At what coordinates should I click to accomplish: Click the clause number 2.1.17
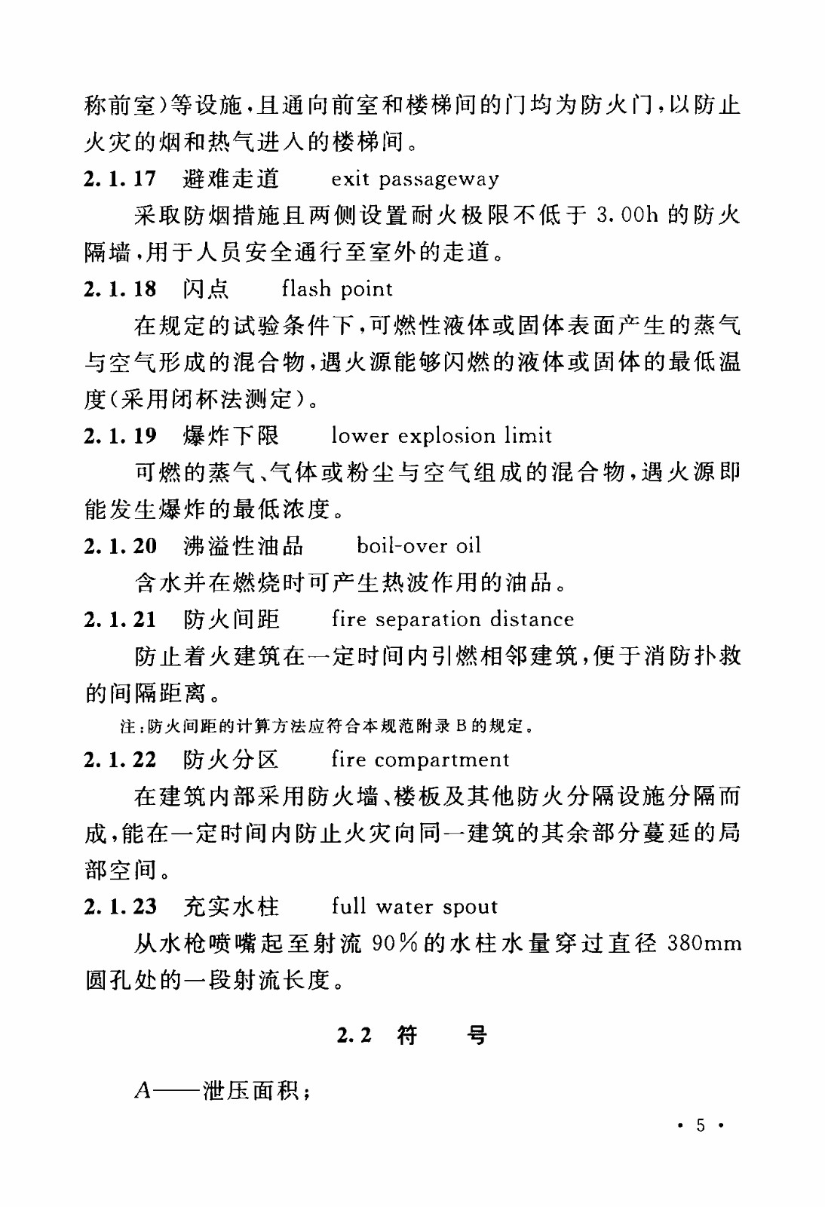click(120, 179)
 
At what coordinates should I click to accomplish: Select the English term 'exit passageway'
click(415, 180)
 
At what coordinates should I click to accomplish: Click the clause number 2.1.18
click(120, 289)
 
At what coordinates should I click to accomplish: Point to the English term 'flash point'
click(337, 289)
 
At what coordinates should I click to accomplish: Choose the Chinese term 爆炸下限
click(231, 435)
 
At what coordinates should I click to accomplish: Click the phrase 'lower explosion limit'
click(441, 436)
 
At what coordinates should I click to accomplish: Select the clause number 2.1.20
click(120, 545)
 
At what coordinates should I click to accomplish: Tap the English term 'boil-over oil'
click(419, 545)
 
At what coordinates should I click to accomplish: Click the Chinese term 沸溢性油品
click(243, 545)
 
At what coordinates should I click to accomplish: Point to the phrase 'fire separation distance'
click(452, 619)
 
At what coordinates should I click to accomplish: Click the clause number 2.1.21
click(120, 619)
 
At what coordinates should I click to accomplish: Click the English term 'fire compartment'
click(420, 760)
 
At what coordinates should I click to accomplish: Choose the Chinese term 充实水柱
click(231, 906)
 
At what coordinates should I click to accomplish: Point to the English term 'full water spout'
click(414, 907)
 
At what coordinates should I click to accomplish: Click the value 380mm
click(704, 944)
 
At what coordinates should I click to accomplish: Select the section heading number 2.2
click(354, 1035)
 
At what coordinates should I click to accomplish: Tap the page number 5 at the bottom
click(701, 1126)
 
